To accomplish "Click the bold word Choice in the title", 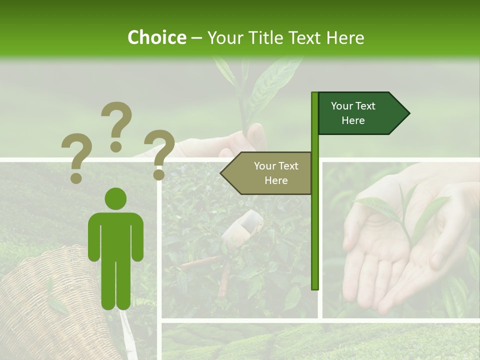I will click(x=156, y=37).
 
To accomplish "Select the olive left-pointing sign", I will click(x=270, y=173).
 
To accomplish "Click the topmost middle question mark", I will click(x=116, y=125).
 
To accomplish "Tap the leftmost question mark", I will click(x=76, y=158).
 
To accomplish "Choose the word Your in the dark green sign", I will click(x=341, y=106).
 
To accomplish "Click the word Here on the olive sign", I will click(x=276, y=180).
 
